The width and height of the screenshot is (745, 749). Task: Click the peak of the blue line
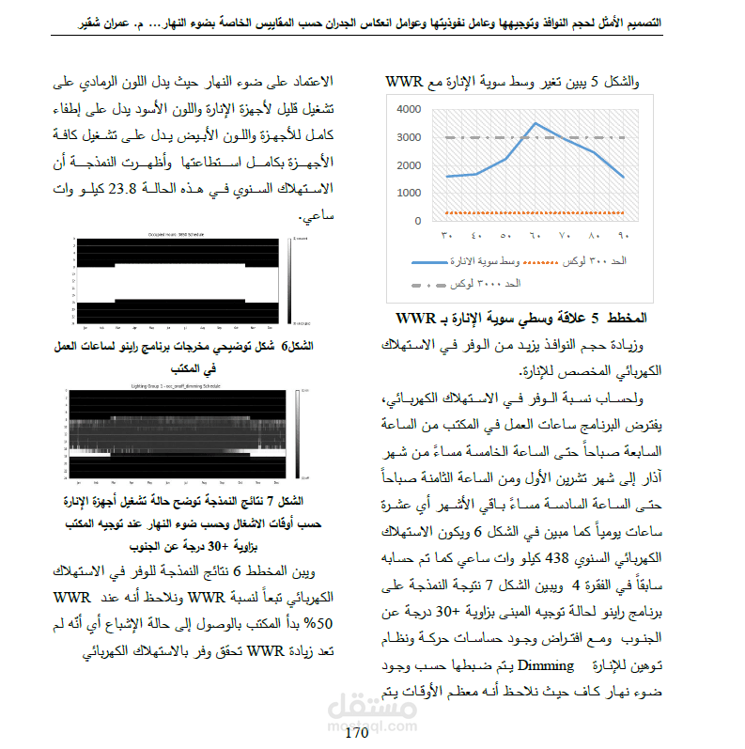(x=535, y=123)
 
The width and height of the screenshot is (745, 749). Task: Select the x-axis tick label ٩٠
(x=623, y=236)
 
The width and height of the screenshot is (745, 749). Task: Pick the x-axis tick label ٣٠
(x=446, y=236)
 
